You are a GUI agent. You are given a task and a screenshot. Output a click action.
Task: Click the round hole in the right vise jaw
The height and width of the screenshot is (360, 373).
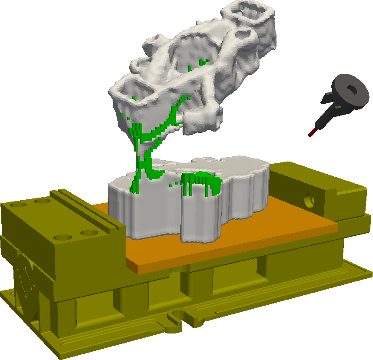pyautogui.click(x=310, y=199)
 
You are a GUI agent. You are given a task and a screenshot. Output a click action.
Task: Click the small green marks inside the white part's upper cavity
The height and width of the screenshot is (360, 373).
pyautogui.click(x=201, y=63)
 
